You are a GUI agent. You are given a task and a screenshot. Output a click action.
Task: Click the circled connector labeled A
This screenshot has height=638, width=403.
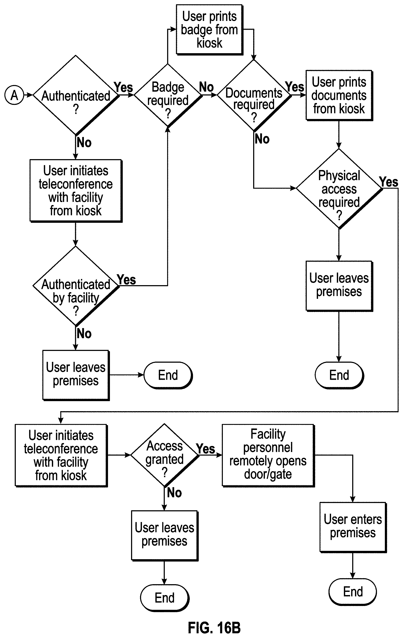coord(14,95)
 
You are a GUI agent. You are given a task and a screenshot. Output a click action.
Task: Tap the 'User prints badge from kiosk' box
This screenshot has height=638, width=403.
coord(209,29)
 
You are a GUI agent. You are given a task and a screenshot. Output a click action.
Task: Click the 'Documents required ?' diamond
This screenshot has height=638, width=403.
coord(254,95)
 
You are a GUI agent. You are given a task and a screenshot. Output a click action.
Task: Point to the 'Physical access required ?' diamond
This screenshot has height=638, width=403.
coord(339,188)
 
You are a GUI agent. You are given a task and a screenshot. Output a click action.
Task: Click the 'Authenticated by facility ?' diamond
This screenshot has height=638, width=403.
coord(76,286)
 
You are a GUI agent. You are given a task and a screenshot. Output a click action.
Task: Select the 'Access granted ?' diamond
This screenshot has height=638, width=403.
coord(164,455)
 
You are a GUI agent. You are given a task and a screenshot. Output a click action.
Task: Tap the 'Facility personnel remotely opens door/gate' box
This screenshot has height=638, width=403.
coord(268,455)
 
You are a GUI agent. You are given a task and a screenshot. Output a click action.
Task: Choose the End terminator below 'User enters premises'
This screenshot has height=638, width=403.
coord(353,592)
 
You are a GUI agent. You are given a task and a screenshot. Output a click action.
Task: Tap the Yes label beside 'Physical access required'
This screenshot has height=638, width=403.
coord(388,182)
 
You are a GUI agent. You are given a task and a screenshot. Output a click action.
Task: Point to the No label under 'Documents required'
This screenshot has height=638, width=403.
coord(262,139)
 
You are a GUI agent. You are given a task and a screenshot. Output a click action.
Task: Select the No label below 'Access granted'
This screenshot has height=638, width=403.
coord(174,493)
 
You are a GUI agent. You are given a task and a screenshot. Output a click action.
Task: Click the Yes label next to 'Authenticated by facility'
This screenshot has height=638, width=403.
coord(127,280)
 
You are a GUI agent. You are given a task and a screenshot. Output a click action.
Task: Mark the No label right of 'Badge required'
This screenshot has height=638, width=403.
coord(206,87)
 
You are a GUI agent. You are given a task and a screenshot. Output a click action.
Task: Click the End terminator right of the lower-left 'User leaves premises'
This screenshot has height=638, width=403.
coord(168,375)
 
